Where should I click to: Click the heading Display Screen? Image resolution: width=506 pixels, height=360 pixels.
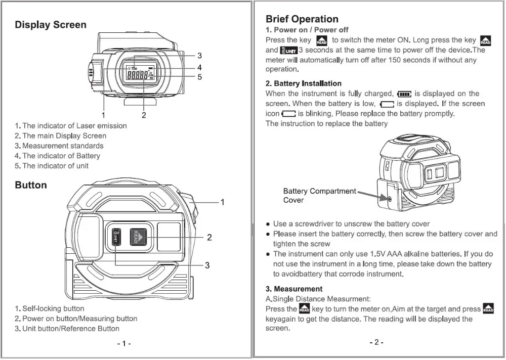coord(51,25)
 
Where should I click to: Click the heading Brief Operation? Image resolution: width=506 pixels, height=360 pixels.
coord(302,19)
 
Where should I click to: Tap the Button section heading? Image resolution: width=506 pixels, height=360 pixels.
coord(31,185)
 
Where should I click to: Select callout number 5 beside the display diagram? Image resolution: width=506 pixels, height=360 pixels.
coord(200,77)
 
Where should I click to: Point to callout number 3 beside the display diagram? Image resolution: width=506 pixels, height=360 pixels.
coord(200,56)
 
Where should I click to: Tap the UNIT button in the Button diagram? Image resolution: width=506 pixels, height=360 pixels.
coord(115,237)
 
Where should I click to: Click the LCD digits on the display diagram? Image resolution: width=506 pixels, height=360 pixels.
coord(137,76)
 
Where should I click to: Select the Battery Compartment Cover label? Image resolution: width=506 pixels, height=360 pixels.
coord(319,196)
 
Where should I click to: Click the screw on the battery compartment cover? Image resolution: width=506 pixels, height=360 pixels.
coord(390,199)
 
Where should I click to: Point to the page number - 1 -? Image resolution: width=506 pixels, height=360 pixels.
coord(124,344)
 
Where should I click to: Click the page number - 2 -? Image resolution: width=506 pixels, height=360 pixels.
coord(376,342)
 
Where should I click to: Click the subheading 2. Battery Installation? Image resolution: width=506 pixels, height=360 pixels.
coord(304,83)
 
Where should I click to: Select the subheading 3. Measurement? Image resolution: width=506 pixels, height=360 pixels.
coord(294,289)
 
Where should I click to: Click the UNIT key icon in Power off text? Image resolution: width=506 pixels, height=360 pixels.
coord(289,50)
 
